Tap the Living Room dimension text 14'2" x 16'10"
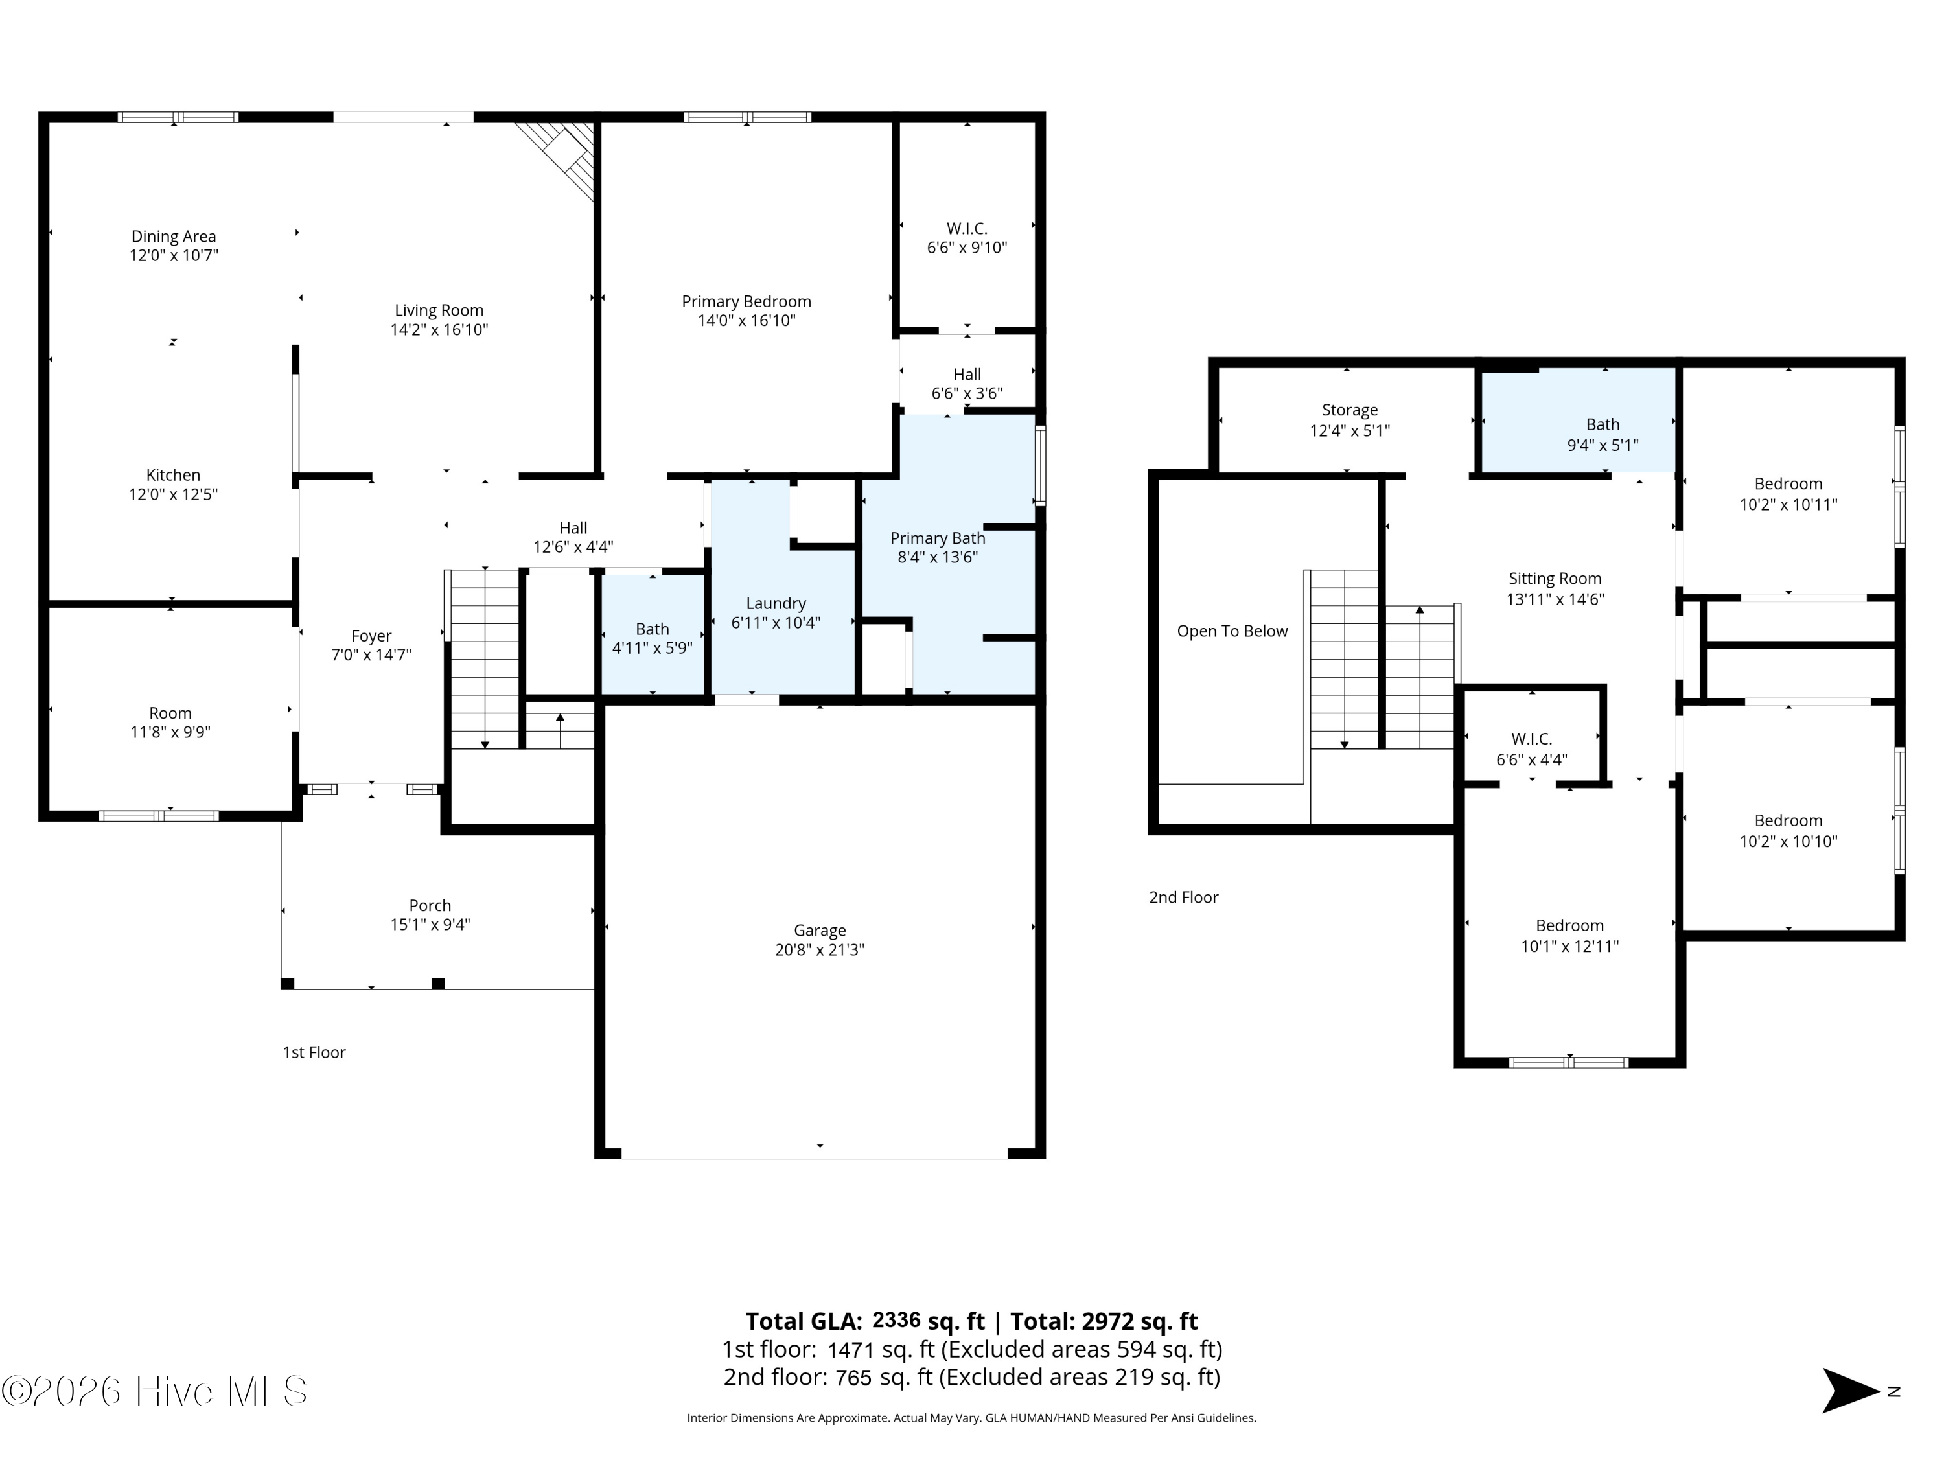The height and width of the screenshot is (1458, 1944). click(439, 330)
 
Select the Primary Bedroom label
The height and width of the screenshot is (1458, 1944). click(746, 301)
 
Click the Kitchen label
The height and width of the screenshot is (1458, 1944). click(173, 474)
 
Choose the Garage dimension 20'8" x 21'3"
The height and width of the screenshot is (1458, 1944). click(820, 949)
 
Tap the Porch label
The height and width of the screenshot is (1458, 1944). click(430, 905)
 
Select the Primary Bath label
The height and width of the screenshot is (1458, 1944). click(938, 538)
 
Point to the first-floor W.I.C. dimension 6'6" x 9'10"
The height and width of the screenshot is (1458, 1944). click(967, 248)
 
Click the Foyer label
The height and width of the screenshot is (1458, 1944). click(371, 636)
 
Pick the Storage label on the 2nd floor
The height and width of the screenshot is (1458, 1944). click(1350, 410)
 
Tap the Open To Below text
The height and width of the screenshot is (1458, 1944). click(1232, 631)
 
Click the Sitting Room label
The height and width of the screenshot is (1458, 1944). click(1555, 578)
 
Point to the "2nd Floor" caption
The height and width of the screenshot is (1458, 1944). click(1184, 897)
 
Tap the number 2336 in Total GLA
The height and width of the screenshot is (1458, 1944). click(896, 1320)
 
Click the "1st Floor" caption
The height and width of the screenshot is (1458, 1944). click(314, 1052)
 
